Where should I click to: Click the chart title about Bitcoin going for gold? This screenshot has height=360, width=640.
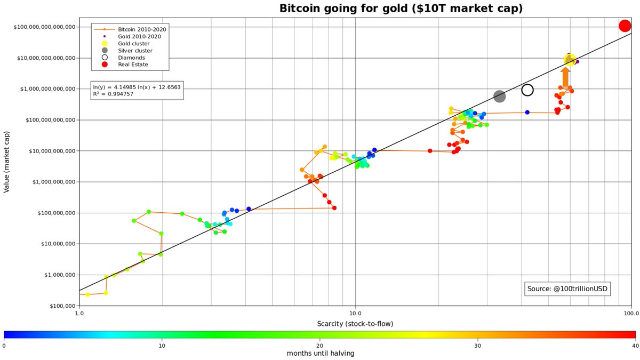401,9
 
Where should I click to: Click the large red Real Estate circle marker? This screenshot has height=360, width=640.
625,26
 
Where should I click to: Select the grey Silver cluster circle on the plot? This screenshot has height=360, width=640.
499,96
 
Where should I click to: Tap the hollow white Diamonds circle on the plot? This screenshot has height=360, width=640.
527,90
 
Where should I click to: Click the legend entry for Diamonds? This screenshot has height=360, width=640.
131,57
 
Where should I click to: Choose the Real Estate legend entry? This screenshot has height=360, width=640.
133,65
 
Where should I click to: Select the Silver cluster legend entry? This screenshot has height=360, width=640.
135,50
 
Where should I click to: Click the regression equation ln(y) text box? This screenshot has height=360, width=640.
138,90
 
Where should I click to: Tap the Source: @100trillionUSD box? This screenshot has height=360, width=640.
567,289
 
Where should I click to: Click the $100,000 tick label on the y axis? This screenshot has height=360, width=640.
61,306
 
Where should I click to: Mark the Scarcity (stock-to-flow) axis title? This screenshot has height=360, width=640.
355,324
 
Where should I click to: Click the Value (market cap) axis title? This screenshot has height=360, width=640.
7,166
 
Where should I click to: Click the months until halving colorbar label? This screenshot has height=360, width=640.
320,354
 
